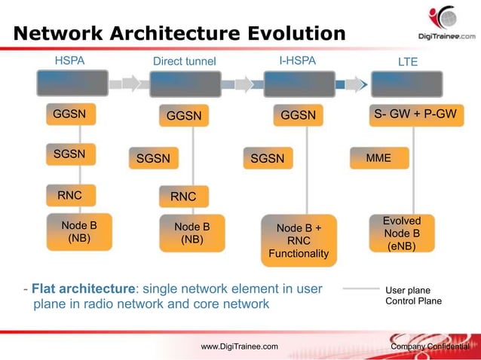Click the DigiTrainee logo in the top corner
[x=446, y=23]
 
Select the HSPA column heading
[x=71, y=60]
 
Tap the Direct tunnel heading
[x=184, y=61]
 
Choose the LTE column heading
[x=407, y=61]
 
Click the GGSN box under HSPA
[x=70, y=115]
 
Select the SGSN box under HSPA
[x=70, y=154]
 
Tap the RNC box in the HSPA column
[x=70, y=196]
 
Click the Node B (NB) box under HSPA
[x=79, y=231]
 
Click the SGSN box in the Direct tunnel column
[x=154, y=158]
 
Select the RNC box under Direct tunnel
[x=183, y=197]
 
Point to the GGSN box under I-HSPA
[x=299, y=116]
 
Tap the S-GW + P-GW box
[x=415, y=115]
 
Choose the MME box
[x=379, y=158]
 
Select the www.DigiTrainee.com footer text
[x=239, y=346]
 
